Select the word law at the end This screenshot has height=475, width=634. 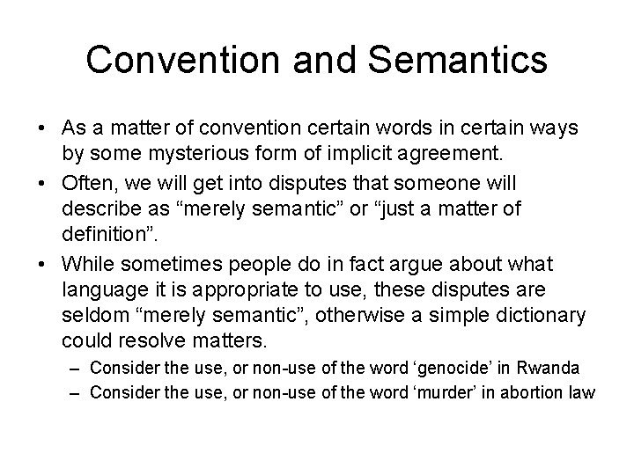[x=582, y=391]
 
